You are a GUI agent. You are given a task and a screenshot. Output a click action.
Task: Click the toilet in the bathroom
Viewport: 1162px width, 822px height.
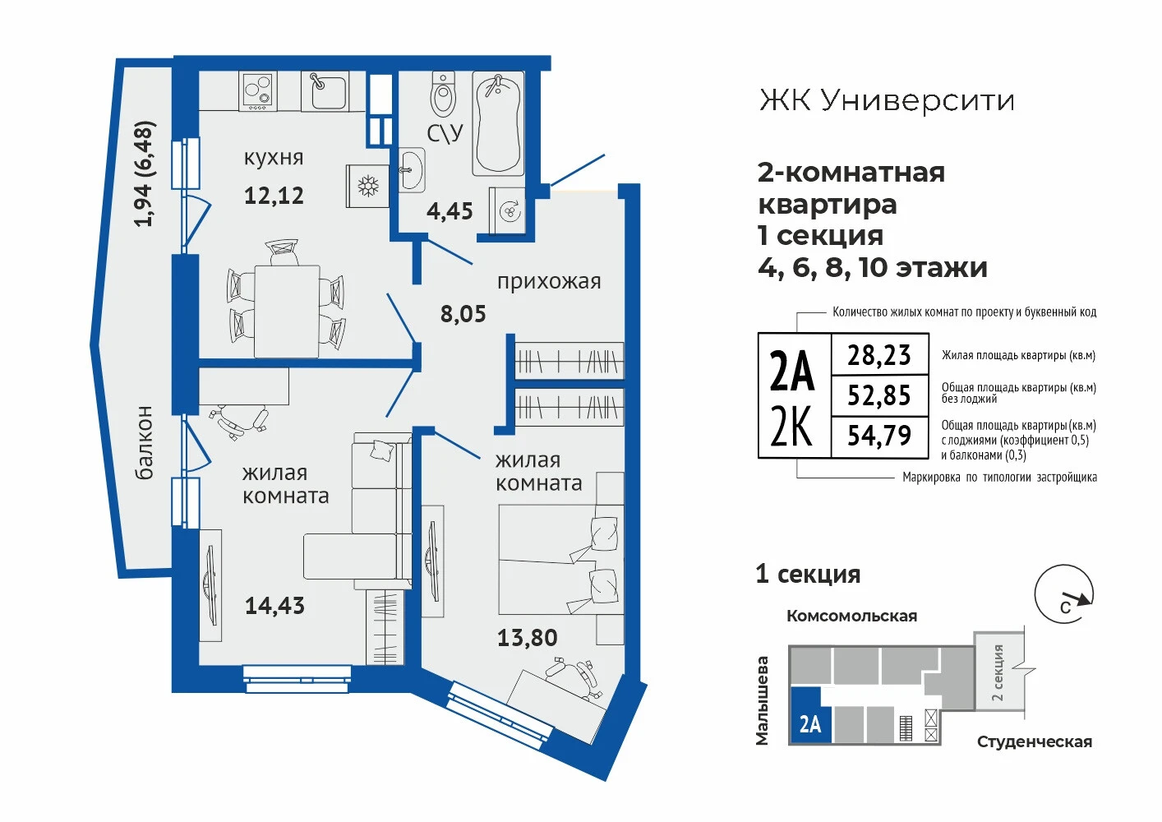(x=444, y=95)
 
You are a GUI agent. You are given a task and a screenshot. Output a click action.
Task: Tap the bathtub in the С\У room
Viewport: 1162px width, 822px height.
(x=497, y=124)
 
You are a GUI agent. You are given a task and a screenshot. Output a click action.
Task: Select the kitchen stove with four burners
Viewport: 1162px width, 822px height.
(x=257, y=90)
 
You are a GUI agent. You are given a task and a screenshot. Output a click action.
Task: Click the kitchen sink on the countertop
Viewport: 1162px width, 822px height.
(x=325, y=90)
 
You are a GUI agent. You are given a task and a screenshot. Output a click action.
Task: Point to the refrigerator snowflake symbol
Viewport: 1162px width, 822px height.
(x=368, y=186)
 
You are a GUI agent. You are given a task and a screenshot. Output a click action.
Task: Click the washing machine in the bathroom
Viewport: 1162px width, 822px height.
(x=507, y=210)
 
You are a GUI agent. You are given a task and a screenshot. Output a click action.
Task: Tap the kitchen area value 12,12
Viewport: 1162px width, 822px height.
(x=274, y=196)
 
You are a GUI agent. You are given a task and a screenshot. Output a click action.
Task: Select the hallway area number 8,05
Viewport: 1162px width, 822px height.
(x=463, y=314)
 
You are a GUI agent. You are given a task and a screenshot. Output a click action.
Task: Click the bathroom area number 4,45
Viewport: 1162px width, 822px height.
(x=450, y=211)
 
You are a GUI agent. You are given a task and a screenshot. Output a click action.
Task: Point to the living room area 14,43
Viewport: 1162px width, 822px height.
(x=274, y=606)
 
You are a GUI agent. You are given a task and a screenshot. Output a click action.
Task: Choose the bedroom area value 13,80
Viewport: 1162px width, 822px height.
(x=527, y=638)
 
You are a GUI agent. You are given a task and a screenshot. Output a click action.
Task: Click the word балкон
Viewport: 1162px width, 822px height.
(x=144, y=443)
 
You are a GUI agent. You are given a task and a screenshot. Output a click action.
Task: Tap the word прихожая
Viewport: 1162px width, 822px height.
(x=549, y=282)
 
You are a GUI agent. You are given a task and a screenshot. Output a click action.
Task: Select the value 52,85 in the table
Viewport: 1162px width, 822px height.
(x=879, y=395)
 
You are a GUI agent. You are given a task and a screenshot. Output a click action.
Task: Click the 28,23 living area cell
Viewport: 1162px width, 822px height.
(x=879, y=355)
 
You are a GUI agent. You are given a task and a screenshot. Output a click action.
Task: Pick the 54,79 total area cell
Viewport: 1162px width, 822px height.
(x=879, y=436)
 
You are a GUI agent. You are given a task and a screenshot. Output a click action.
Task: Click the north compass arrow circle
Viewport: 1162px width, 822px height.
(x=1064, y=594)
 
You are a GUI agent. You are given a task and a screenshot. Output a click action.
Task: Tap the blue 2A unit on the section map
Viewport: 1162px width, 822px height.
(x=809, y=716)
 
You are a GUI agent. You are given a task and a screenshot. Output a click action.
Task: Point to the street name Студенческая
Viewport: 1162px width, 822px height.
(x=1035, y=742)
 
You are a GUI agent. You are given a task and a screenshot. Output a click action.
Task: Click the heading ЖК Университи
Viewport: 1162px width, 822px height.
(x=887, y=100)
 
